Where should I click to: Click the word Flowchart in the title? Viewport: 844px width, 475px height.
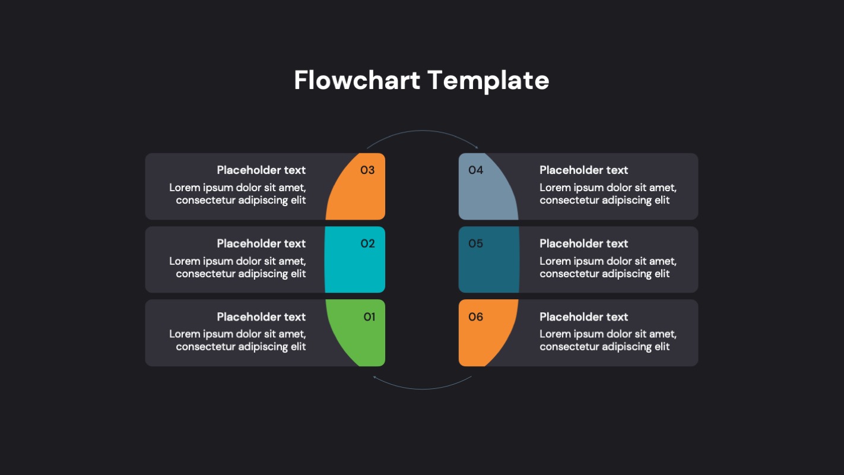tap(357, 80)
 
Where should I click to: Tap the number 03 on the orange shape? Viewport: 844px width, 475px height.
tap(367, 170)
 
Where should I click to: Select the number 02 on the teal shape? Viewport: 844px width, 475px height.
tap(367, 243)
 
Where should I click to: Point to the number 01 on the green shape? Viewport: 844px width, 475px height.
tap(369, 317)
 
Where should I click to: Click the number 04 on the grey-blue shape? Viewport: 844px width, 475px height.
tap(475, 170)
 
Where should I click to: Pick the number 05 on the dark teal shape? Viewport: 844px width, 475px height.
tap(475, 243)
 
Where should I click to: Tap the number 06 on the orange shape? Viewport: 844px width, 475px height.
tap(475, 317)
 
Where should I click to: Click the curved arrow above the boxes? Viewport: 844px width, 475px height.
tap(422, 132)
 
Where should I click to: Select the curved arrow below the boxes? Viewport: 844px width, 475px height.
tap(422, 388)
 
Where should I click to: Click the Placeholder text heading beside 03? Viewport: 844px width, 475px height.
tap(261, 170)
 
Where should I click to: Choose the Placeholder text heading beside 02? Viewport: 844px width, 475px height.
tap(261, 243)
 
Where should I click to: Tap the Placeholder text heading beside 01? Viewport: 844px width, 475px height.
tap(261, 317)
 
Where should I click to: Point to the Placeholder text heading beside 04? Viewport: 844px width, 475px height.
tap(583, 170)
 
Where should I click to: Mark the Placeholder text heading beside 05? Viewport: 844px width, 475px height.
tap(583, 243)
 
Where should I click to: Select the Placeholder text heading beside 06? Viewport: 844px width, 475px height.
tap(583, 317)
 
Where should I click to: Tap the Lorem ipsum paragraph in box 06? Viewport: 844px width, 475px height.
tap(608, 340)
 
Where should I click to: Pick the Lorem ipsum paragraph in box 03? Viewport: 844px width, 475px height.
tap(238, 194)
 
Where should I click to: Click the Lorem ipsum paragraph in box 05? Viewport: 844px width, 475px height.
tap(608, 267)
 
